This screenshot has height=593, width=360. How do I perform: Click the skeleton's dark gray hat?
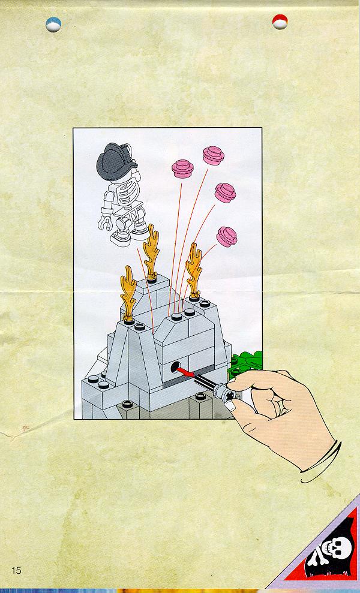pos(115,161)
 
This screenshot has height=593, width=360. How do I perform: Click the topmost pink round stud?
pos(214,155)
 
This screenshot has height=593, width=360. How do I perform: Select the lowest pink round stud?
pos(227,237)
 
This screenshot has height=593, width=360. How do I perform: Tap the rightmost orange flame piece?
pos(194,271)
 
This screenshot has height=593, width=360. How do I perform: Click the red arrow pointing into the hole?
pos(187,372)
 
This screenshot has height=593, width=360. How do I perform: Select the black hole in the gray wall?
pos(175,366)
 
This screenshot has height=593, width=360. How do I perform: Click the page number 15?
pos(16,570)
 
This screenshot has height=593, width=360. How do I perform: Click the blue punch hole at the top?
pos(53,25)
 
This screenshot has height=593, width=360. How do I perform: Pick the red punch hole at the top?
pos(280,22)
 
